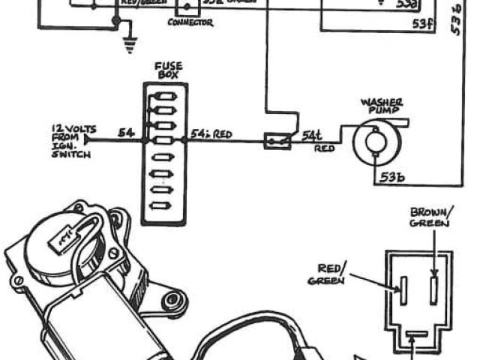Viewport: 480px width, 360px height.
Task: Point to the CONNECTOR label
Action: tap(189, 23)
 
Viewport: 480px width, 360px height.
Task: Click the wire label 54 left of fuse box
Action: tap(127, 133)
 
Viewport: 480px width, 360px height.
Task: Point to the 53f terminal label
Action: tap(424, 23)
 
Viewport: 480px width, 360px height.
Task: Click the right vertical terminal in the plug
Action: tap(432, 286)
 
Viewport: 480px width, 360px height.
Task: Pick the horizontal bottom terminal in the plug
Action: tap(417, 334)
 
